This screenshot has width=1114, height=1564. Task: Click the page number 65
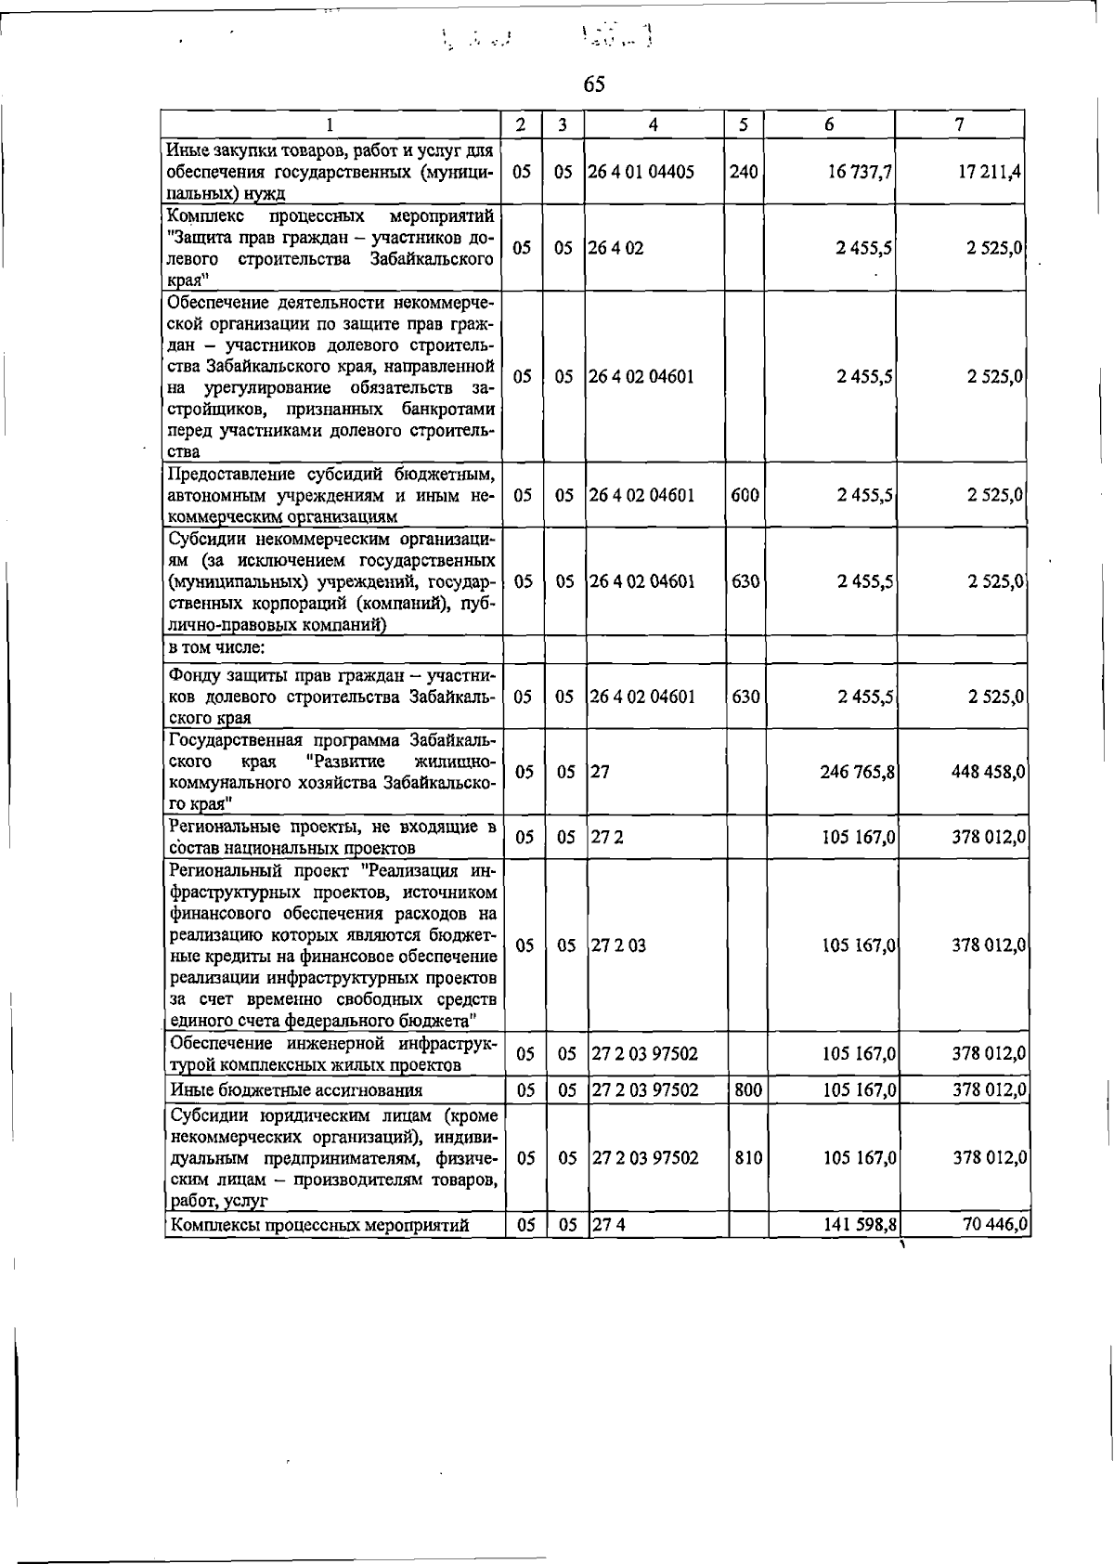(x=594, y=85)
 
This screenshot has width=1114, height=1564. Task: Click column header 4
(x=654, y=124)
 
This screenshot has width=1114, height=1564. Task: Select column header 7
(x=959, y=124)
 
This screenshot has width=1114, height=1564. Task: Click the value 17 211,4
(x=991, y=172)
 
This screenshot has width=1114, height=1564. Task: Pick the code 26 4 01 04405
(x=642, y=172)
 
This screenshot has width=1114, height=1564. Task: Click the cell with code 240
(x=744, y=172)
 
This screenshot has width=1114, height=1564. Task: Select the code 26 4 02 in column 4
(x=616, y=248)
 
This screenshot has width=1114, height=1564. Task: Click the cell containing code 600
(x=745, y=495)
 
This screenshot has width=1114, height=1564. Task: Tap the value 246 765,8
(x=856, y=772)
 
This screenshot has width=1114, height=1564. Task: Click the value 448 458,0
(x=988, y=772)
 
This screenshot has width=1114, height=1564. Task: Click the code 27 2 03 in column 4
(x=620, y=945)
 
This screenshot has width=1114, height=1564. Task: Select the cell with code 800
(x=747, y=1089)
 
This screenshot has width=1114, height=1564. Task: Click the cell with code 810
(x=747, y=1158)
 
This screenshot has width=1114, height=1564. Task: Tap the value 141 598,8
(x=859, y=1225)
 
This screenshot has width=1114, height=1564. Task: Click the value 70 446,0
(x=993, y=1225)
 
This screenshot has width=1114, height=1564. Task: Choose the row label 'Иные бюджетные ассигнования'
(x=296, y=1090)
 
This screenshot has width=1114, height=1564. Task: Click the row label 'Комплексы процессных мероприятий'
(x=320, y=1226)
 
